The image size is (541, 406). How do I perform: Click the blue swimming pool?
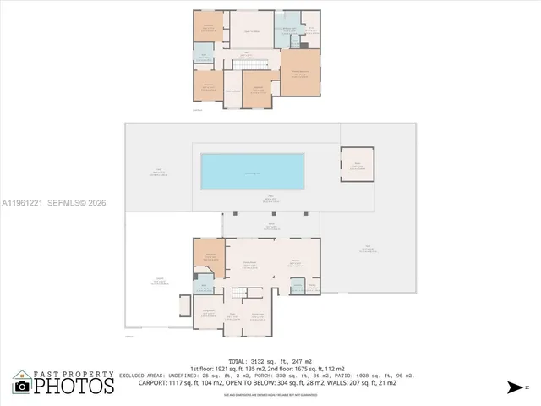(x=253, y=173)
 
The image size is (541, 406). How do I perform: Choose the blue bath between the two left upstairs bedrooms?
(x=204, y=57)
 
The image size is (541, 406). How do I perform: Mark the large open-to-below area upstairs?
(x=251, y=31)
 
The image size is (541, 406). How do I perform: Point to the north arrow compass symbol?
(x=515, y=388)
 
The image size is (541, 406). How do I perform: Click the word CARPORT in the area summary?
(x=156, y=383)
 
